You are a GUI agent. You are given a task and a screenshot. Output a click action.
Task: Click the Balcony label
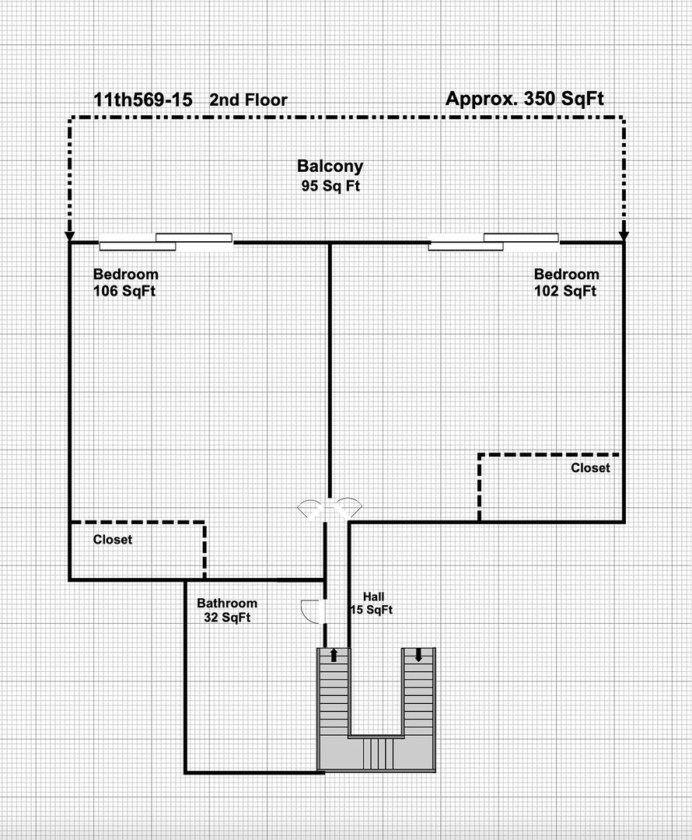[x=330, y=166]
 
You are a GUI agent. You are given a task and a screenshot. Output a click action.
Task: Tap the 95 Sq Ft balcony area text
[x=330, y=186]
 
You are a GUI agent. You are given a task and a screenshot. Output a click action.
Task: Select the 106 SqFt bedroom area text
[x=124, y=291]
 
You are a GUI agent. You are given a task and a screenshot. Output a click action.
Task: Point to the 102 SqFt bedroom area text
[x=565, y=291]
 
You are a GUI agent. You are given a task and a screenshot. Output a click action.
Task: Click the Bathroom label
[x=227, y=604]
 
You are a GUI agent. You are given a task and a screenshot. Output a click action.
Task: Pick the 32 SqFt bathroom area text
[x=227, y=617]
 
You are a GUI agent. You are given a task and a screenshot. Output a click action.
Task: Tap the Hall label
[x=373, y=597]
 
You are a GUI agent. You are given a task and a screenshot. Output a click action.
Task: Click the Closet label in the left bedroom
[x=113, y=540]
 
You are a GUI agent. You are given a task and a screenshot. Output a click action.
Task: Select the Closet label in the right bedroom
[x=590, y=467]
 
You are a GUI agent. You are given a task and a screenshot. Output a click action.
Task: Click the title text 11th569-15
[x=143, y=100]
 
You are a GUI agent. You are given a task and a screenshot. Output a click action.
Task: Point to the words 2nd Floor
[x=248, y=100]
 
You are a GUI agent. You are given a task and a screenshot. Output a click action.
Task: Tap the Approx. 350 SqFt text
[x=525, y=99]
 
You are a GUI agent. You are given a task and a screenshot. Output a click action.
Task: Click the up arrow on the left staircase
[x=334, y=655]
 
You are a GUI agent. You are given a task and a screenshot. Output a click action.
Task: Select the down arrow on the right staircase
[x=418, y=655]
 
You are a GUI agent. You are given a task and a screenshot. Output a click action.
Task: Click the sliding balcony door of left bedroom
[x=166, y=242]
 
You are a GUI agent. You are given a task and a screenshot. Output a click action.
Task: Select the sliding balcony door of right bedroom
[x=494, y=242]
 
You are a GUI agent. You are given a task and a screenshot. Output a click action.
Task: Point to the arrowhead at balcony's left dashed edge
[x=69, y=236]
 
